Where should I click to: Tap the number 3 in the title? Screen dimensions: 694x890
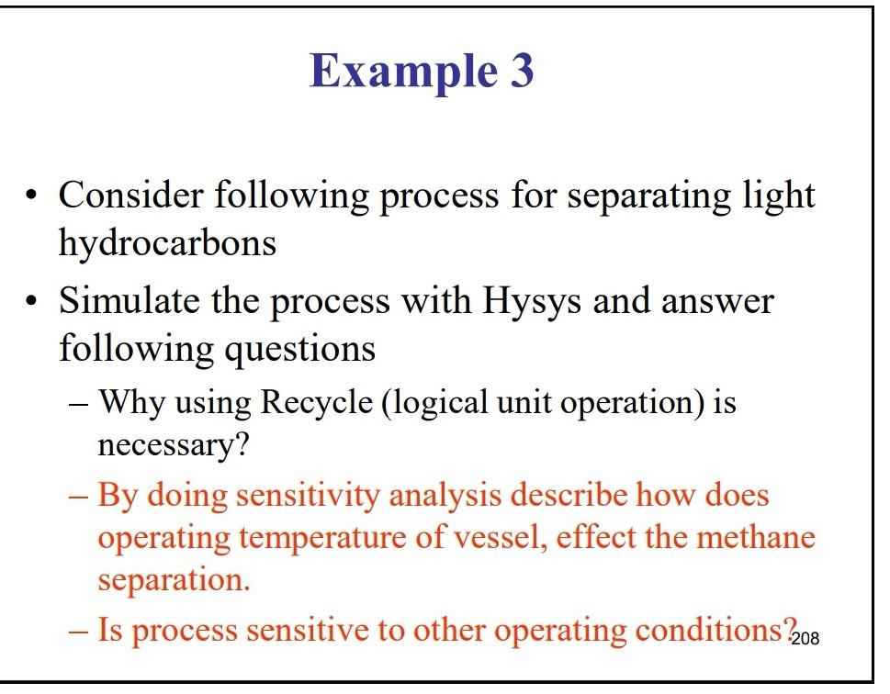(x=520, y=70)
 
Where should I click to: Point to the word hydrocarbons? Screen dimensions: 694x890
(x=167, y=242)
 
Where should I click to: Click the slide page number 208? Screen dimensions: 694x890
(x=805, y=638)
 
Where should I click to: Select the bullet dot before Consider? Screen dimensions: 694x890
(x=33, y=197)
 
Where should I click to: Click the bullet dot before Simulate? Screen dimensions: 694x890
(x=33, y=302)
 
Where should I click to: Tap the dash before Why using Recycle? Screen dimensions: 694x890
(x=80, y=403)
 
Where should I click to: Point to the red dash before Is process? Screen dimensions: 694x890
(x=80, y=632)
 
